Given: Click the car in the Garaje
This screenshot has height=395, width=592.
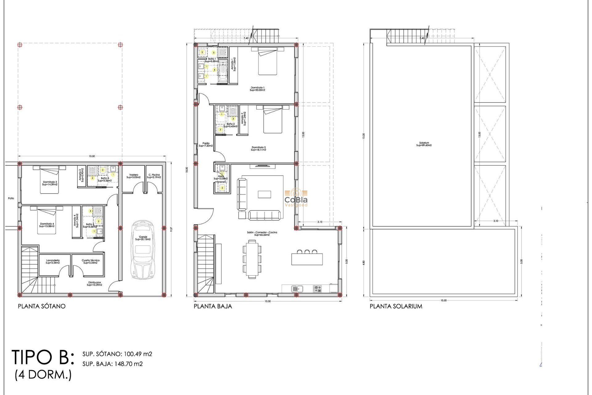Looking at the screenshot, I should pos(143,250).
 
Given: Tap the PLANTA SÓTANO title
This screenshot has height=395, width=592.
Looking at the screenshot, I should pos(42,306).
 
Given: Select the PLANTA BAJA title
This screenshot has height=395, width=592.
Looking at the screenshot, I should pos(213,306).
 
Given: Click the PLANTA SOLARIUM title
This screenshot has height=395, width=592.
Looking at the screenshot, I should pos(396,306).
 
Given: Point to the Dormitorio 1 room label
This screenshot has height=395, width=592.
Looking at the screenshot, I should pos(257,89).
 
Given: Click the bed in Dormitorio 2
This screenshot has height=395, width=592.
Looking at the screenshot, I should pos(273,120).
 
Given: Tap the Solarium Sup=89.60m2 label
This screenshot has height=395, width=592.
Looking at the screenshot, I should pos(424,144).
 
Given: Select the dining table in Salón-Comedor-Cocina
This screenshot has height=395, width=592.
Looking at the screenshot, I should pos(252,259).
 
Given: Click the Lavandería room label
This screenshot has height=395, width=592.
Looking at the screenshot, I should pos(53,261).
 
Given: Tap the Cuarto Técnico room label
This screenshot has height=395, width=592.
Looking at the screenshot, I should pos(90,261).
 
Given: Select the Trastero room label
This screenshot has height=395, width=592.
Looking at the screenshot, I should pos(134,176).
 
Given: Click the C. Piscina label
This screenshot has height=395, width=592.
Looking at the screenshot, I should pos(154,176).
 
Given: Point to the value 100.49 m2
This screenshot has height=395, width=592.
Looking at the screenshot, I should pos(138,354).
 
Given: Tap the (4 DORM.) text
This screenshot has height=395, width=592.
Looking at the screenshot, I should pos(43,375).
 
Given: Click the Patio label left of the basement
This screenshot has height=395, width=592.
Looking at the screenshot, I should pos(11,198).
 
